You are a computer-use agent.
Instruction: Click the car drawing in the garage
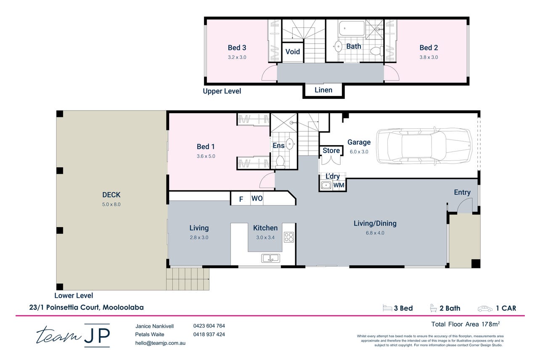424,146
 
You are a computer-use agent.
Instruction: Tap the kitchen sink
270,258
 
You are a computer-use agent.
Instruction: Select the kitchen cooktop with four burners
289,237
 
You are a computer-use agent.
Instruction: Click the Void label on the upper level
293,52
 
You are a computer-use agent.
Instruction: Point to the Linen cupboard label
323,90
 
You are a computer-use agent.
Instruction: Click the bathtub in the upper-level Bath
352,29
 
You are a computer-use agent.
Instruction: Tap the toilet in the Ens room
280,161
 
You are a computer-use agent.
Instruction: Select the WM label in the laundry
339,185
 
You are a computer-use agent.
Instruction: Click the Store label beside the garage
331,151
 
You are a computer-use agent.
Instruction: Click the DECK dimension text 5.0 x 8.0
111,204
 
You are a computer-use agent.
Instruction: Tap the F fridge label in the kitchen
241,199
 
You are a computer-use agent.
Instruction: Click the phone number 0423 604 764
209,326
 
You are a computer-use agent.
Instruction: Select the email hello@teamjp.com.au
160,343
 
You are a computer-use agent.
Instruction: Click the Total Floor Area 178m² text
465,324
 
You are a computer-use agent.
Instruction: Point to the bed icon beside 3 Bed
387,308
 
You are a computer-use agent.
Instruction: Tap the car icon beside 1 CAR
485,309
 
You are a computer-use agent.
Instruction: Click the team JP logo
73,335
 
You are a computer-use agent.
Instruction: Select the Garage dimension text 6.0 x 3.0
359,152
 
